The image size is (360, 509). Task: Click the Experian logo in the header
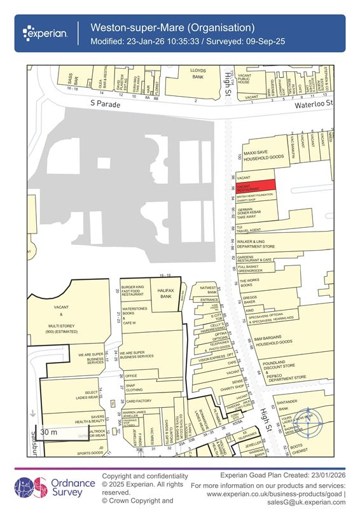tap(46, 32)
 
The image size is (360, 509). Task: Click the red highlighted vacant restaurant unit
tap(255, 185)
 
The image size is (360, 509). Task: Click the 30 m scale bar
tap(57, 433)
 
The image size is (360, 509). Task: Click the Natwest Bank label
tap(208, 290)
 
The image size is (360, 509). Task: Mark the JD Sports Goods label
tap(91, 452)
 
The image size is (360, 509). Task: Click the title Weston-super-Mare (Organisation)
tap(172, 27)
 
